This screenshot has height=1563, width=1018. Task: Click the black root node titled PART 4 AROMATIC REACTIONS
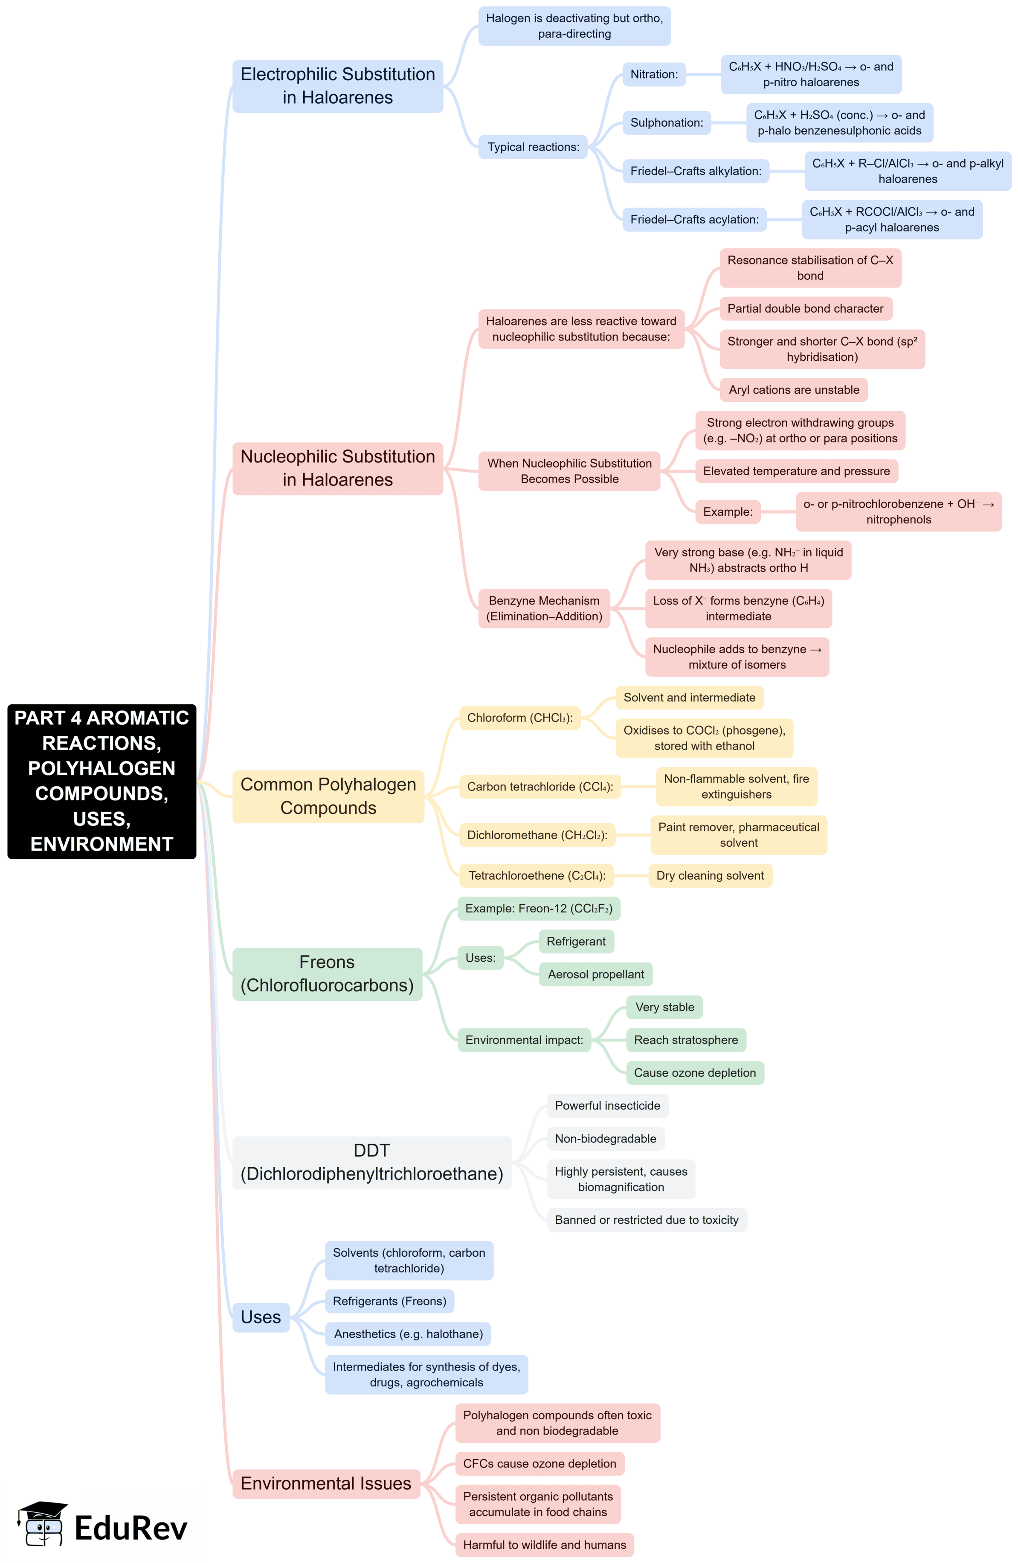point(102,781)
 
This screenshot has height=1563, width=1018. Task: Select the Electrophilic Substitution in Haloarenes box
point(337,86)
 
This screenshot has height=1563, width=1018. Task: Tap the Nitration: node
point(654,74)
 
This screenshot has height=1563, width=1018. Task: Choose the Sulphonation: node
point(666,123)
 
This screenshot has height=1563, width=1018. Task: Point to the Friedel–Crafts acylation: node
point(694,219)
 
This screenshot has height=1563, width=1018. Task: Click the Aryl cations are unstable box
point(794,390)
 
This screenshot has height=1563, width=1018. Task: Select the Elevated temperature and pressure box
point(796,471)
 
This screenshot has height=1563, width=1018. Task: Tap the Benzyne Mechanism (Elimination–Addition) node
point(544,609)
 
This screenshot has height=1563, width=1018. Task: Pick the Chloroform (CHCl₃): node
point(519,718)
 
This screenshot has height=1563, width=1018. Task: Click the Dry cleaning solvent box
point(710,875)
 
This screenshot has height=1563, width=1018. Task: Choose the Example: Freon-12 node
point(538,908)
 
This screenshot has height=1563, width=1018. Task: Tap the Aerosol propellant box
point(595,974)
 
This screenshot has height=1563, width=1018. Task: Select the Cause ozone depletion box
point(694,1072)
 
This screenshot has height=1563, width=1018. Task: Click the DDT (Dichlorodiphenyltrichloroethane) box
point(371,1162)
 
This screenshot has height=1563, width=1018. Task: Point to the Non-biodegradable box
point(605,1138)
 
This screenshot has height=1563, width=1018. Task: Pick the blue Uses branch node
point(261,1317)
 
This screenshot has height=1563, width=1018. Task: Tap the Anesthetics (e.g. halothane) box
point(408,1334)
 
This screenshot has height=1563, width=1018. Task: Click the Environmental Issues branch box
point(325,1483)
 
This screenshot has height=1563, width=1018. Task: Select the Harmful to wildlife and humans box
point(544,1545)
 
